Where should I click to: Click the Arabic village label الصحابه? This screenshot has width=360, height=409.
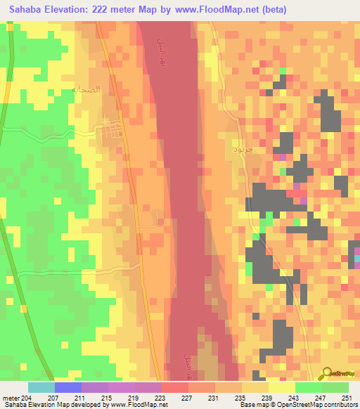click(x=82, y=91)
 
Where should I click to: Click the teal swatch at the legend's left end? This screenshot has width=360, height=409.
click(x=41, y=387)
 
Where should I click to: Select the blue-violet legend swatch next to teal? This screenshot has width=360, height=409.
click(x=68, y=387)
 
